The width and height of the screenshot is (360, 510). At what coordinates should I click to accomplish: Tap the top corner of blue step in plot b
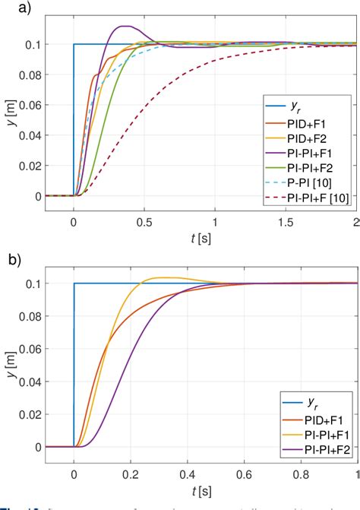coord(74,284)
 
